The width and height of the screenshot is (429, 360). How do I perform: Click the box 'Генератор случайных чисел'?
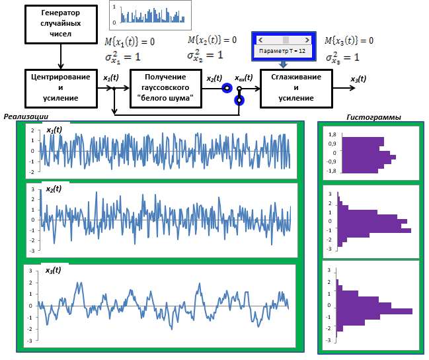tap(61, 24)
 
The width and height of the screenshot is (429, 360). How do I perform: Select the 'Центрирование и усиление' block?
tap(61, 89)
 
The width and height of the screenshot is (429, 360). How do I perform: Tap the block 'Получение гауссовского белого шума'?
tap(166, 89)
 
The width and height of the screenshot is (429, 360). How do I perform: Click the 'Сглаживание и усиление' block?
tap(296, 89)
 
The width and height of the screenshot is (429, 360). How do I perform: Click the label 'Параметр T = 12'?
tap(282, 51)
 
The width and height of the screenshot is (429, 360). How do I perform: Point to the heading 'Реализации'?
tap(26, 116)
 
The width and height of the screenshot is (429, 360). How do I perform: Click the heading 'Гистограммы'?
tap(373, 117)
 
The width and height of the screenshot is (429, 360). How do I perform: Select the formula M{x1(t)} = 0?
tap(130, 42)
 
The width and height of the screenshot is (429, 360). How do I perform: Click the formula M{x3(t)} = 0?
tap(349, 40)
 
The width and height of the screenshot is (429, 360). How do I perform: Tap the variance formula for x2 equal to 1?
tap(205, 56)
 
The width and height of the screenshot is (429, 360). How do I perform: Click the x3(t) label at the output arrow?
tap(358, 79)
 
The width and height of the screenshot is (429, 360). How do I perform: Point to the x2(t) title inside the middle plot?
tap(54, 189)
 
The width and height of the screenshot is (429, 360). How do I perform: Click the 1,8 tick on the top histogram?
tap(332, 134)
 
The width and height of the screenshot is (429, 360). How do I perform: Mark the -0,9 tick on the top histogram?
tap(331, 161)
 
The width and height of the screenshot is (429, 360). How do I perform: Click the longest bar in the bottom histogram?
tap(374, 311)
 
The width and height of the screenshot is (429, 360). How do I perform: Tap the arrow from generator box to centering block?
tap(61, 56)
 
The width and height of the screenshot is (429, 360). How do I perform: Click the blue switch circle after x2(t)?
tap(227, 88)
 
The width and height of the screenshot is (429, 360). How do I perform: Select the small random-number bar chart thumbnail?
tap(150, 15)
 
